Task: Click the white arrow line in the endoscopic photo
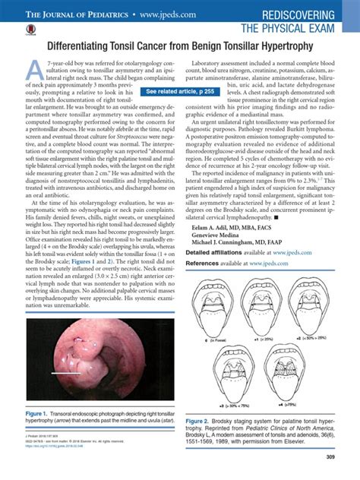pos(66,374)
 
